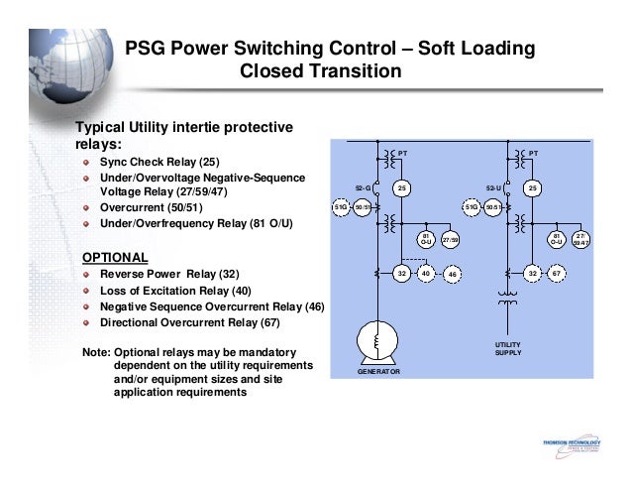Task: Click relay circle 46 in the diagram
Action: point(451,273)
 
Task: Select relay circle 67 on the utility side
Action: point(557,272)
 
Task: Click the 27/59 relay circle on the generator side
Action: point(450,239)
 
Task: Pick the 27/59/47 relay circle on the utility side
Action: point(581,239)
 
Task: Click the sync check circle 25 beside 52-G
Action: point(401,186)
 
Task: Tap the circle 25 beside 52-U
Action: point(532,186)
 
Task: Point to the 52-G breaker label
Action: point(363,186)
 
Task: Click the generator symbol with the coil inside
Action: point(377,340)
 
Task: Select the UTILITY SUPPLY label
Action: point(507,348)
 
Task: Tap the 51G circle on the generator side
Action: point(340,207)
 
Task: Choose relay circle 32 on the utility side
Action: point(532,272)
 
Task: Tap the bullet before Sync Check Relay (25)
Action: point(87,162)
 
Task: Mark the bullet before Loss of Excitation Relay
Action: point(87,292)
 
